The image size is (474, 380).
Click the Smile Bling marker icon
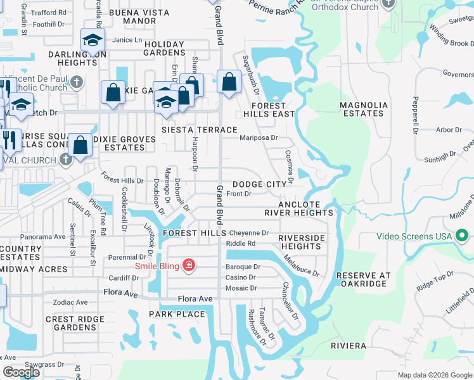pyautogui.click(x=188, y=265)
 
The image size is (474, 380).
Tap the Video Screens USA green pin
pyautogui.click(x=463, y=237)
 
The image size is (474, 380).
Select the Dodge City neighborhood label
pyautogui.click(x=264, y=184)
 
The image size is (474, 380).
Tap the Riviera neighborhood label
pyautogui.click(x=349, y=346)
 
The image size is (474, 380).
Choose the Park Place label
pyautogui.click(x=177, y=314)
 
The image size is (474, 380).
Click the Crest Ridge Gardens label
pyautogui.click(x=71, y=323)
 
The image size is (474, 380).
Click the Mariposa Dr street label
pyautogui.click(x=259, y=137)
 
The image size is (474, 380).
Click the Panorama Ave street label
pyautogui.click(x=44, y=237)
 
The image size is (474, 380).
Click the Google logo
pyautogui.click(x=21, y=372)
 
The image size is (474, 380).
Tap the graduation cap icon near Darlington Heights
pyautogui.click(x=93, y=42)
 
